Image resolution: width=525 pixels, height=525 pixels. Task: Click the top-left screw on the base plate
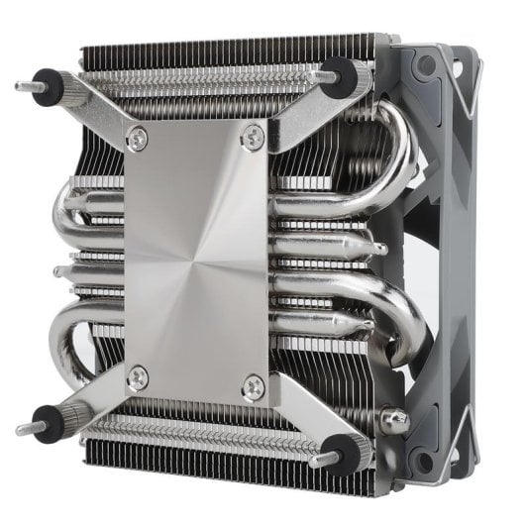coord(139,140)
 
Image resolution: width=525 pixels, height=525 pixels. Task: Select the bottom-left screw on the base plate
coord(139,376)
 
